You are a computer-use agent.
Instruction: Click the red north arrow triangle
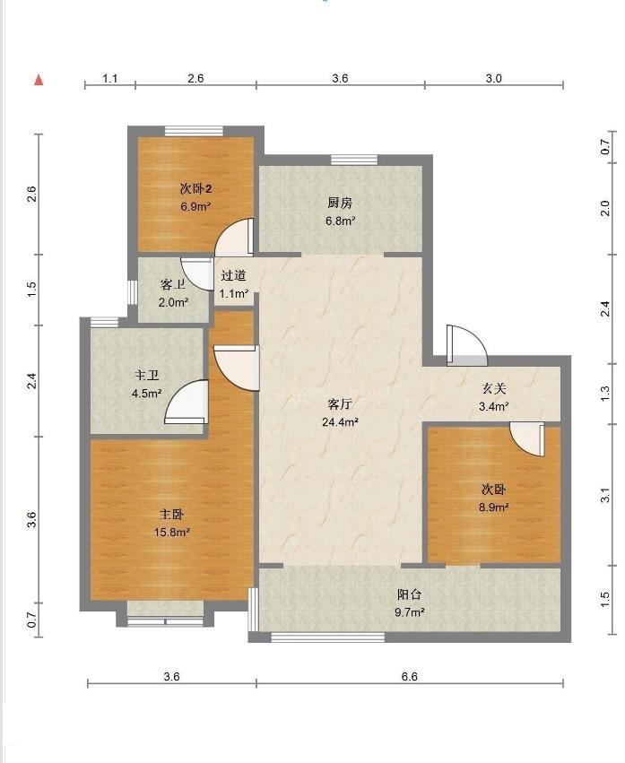pyautogui.click(x=39, y=80)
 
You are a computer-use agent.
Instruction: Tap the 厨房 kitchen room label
pyautogui.click(x=340, y=203)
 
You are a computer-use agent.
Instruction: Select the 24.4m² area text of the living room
pyautogui.click(x=340, y=422)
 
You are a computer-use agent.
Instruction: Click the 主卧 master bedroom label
pyautogui.click(x=171, y=515)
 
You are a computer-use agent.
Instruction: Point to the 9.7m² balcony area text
pyautogui.click(x=409, y=612)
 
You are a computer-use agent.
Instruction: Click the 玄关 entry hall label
pyautogui.click(x=493, y=388)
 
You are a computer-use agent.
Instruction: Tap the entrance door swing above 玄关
pyautogui.click(x=467, y=345)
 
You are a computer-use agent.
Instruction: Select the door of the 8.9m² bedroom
pyautogui.click(x=527, y=439)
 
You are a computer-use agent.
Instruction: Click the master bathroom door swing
pyautogui.click(x=187, y=402)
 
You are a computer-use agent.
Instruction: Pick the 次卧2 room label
pyautogui.click(x=195, y=188)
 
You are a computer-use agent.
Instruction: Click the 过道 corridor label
pyautogui.click(x=233, y=275)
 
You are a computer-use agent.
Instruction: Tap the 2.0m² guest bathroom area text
pyautogui.click(x=173, y=302)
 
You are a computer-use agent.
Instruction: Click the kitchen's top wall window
pyautogui.click(x=354, y=160)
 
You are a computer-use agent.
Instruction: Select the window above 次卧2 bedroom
pyautogui.click(x=194, y=131)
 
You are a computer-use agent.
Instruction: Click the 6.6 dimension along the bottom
pyautogui.click(x=410, y=676)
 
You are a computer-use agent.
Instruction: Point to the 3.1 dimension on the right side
pyautogui.click(x=605, y=495)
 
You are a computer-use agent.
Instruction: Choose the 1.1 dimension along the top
pyautogui.click(x=110, y=78)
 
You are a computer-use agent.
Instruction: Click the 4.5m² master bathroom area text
pyautogui.click(x=146, y=394)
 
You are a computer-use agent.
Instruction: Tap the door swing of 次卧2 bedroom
pyautogui.click(x=235, y=237)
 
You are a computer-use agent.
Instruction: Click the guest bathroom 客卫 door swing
pyautogui.click(x=197, y=273)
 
